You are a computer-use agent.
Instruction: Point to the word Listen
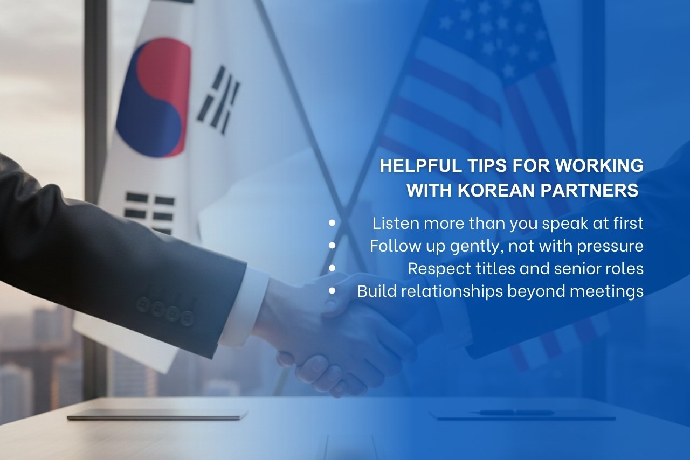(x=392, y=223)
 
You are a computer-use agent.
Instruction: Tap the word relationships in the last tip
(x=452, y=291)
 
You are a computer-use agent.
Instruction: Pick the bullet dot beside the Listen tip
(x=332, y=222)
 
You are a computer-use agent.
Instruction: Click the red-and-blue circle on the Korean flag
(x=153, y=97)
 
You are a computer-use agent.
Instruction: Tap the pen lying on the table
(x=512, y=413)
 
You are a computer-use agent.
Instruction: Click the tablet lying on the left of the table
(x=156, y=415)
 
